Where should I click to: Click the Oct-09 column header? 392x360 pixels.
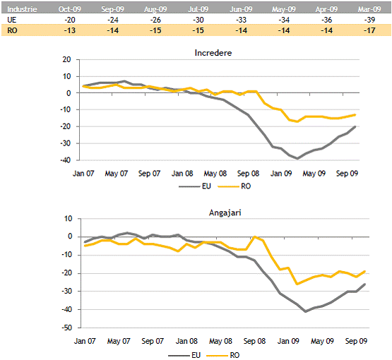point(70,9)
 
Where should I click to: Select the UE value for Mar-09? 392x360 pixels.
point(369,20)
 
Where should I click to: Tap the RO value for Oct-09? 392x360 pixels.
point(70,30)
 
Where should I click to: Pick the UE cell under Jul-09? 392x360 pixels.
point(198,20)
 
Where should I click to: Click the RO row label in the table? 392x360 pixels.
point(12,30)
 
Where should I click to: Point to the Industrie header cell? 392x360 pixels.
point(22,9)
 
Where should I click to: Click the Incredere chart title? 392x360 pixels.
point(213,53)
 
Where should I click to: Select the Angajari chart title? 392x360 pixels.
point(225,212)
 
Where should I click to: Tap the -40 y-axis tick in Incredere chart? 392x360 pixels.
point(66,160)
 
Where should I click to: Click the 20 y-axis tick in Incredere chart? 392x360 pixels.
point(67,59)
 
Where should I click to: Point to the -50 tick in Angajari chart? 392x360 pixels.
point(67,328)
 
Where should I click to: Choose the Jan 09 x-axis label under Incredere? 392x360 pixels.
point(281,174)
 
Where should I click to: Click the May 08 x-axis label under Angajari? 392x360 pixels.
point(220,341)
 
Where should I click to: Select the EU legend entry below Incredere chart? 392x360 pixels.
point(195,186)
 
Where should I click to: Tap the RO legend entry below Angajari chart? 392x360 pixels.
point(223,355)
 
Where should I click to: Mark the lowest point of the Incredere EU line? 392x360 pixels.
point(297,159)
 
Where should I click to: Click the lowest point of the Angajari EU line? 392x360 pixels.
point(306,311)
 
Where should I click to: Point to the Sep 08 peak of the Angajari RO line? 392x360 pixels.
point(255,236)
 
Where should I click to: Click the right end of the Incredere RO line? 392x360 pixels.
point(355,115)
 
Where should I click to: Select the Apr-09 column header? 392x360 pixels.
point(326,9)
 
